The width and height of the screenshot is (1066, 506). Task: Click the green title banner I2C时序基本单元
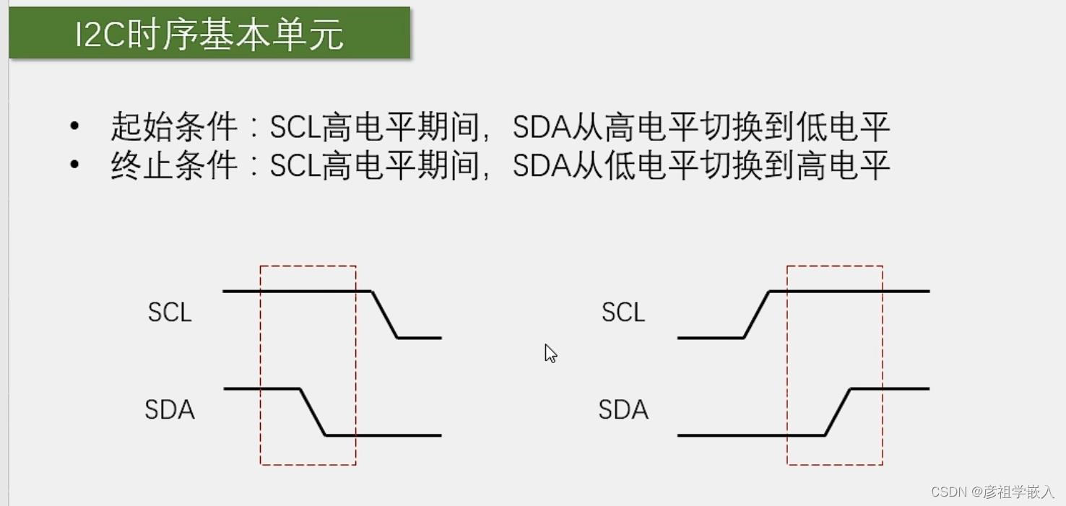(209, 33)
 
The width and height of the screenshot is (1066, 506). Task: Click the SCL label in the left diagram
(170, 313)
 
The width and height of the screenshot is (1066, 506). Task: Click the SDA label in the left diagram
(170, 410)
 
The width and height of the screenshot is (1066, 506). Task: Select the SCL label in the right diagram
(623, 313)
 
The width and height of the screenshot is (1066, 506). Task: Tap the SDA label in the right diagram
(623, 410)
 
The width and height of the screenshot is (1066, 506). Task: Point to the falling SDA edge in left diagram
(313, 412)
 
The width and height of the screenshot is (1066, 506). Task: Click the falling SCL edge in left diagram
(384, 315)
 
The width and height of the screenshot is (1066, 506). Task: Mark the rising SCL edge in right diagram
(757, 315)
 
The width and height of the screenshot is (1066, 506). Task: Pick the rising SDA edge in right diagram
(838, 412)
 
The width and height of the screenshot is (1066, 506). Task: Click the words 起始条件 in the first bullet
(174, 128)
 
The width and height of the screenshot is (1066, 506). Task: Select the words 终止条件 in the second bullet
(174, 166)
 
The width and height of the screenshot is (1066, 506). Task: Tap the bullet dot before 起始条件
(74, 126)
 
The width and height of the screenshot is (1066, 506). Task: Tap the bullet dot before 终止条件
(74, 165)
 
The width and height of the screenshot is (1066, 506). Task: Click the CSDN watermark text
(992, 492)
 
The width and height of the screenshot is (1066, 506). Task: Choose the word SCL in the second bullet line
(295, 166)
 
